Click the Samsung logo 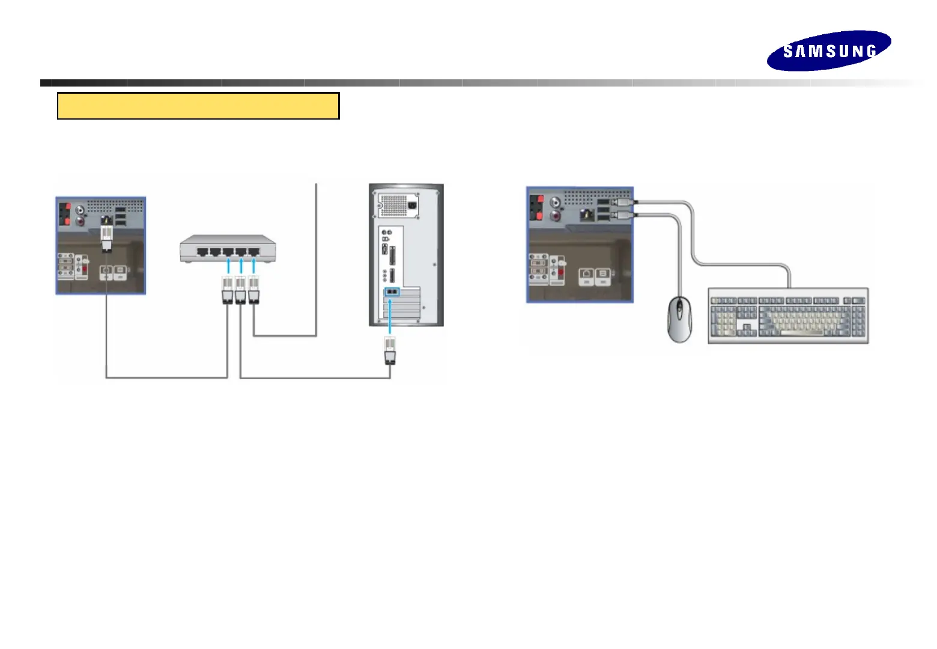829,50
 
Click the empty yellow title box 198,106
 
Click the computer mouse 680,320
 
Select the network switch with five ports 228,249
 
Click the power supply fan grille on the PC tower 393,205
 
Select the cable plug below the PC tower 390,351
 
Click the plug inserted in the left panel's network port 106,237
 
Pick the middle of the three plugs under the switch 241,290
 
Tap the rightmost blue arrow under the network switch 254,266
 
